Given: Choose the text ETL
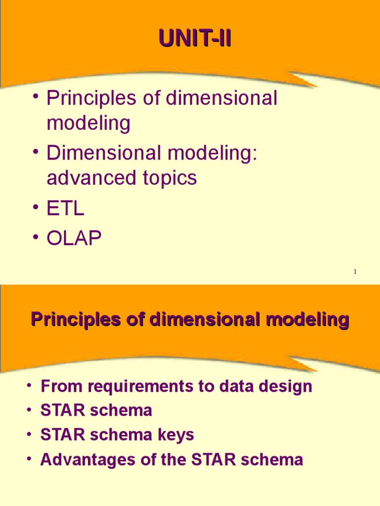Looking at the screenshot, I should [65, 209].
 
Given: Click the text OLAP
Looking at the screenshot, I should [74, 239].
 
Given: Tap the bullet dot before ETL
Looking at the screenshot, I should [36, 208].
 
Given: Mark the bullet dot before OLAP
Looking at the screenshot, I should [36, 238].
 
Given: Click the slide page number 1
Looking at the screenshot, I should [355, 272].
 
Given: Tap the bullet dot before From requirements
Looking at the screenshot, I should [30, 385].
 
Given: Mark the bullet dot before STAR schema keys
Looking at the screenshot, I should [30, 434].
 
